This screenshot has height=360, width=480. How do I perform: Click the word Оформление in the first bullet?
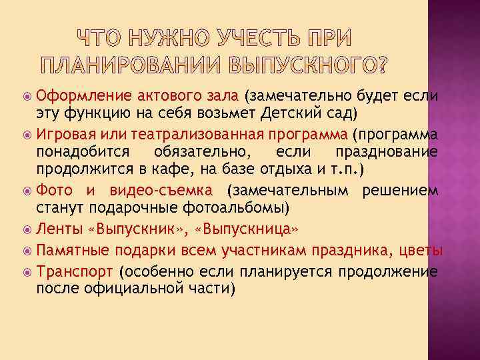pyautogui.click(x=77, y=95)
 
